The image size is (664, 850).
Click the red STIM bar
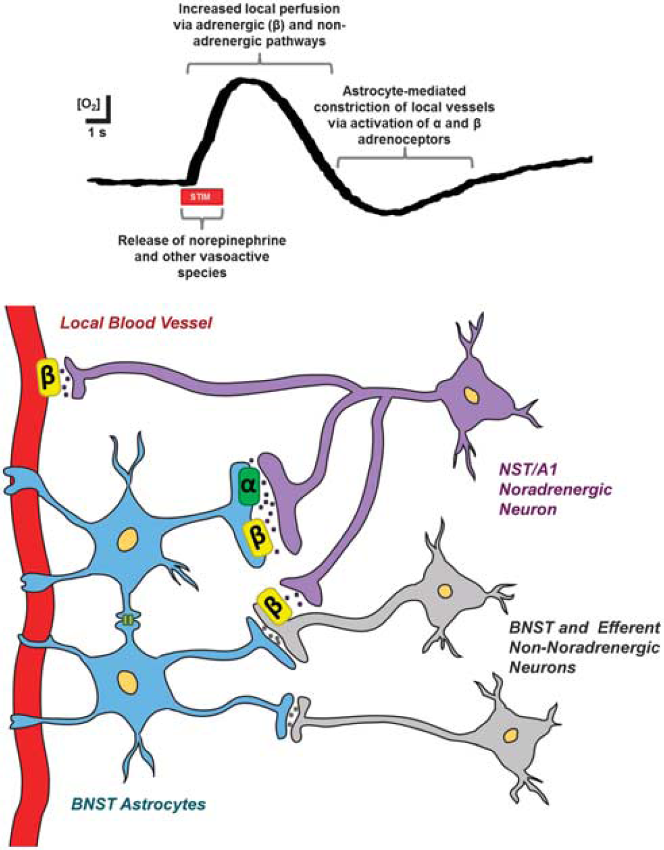(x=201, y=197)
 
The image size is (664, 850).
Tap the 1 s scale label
(x=96, y=133)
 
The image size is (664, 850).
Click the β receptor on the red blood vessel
(x=48, y=377)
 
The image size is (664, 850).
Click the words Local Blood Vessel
(x=136, y=324)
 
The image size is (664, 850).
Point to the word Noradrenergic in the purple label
(x=555, y=489)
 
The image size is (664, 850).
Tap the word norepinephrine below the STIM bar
(x=238, y=240)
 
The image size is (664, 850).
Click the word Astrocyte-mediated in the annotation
(x=404, y=91)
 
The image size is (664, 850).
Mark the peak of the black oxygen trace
(x=244, y=81)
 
